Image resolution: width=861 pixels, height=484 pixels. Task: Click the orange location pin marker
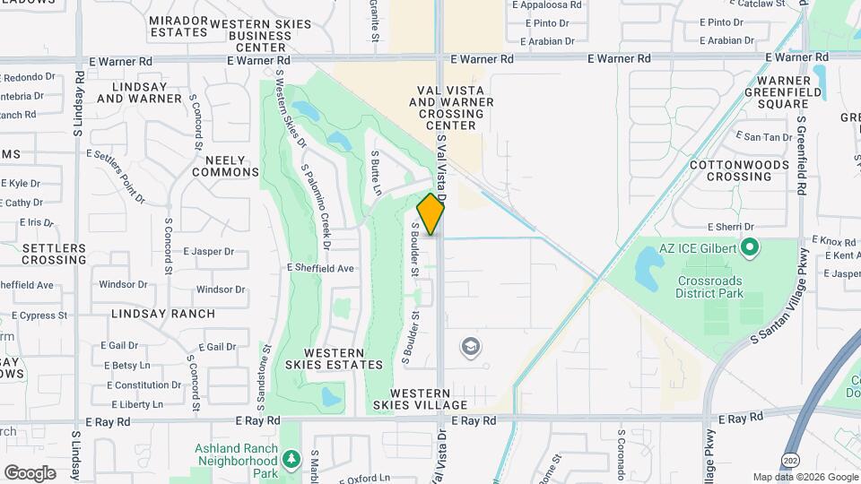pos(431,214)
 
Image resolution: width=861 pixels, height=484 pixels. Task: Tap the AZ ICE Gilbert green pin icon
pos(752,246)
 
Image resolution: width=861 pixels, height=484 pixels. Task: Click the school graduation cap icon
pos(469,346)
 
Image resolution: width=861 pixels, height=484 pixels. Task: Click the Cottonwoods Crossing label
pos(732,170)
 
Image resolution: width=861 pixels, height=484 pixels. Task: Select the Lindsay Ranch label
pos(163,314)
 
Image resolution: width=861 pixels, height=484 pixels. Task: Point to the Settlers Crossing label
pos(54,254)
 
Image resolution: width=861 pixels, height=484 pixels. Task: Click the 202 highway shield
pos(788,460)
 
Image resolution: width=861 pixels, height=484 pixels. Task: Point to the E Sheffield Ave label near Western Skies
pos(320,267)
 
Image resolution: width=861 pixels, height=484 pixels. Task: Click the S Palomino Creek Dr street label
pos(317,206)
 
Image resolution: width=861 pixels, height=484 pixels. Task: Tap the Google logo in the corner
pos(30,472)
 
